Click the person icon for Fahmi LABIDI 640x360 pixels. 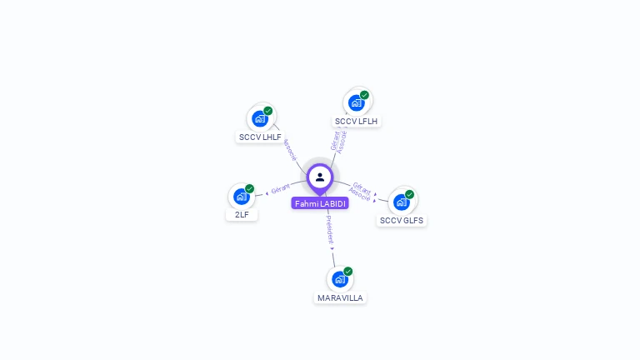tap(320, 177)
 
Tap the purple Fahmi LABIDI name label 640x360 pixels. tap(320, 203)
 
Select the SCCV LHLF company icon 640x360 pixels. tap(259, 119)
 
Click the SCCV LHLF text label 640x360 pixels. tap(260, 137)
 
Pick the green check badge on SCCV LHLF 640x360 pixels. tap(268, 110)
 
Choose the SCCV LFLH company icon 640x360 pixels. tap(356, 103)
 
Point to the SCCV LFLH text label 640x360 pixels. tap(356, 121)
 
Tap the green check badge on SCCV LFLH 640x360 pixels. tap(364, 95)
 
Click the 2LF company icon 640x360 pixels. tap(241, 197)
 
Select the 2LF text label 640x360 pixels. tap(242, 214)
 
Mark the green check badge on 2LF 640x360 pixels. tap(249, 188)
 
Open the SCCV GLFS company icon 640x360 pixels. tap(401, 202)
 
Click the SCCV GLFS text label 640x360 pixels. tap(402, 221)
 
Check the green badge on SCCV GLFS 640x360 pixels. tap(409, 194)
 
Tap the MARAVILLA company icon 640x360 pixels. tap(339, 279)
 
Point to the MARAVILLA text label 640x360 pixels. tap(340, 297)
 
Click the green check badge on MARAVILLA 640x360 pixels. tap(347, 271)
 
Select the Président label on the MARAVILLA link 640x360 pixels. tap(329, 227)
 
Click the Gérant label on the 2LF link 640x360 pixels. tap(280, 190)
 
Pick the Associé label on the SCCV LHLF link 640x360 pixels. tap(289, 150)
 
